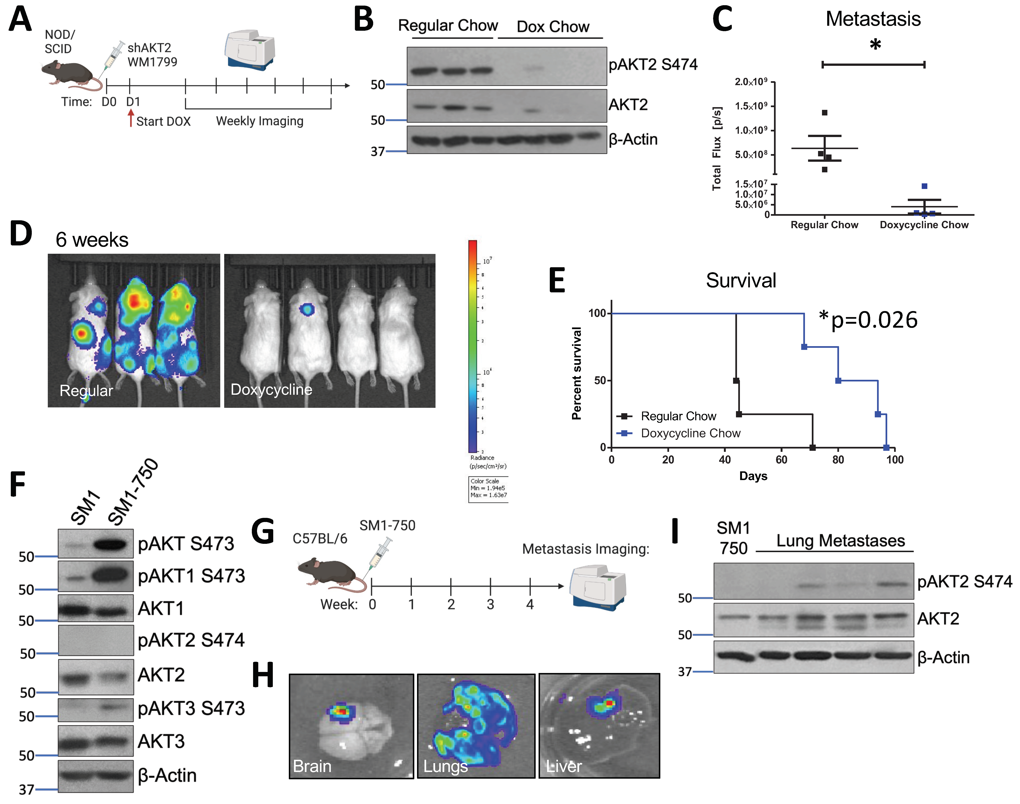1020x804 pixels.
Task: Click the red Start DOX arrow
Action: (131, 118)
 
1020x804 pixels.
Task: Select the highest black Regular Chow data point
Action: (824, 113)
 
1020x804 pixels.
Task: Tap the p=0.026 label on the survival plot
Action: (869, 320)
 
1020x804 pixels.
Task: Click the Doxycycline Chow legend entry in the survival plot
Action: (690, 433)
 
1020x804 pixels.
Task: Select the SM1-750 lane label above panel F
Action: (133, 492)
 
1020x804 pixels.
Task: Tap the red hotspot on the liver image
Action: (609, 703)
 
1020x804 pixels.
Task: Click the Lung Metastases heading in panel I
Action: (840, 541)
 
